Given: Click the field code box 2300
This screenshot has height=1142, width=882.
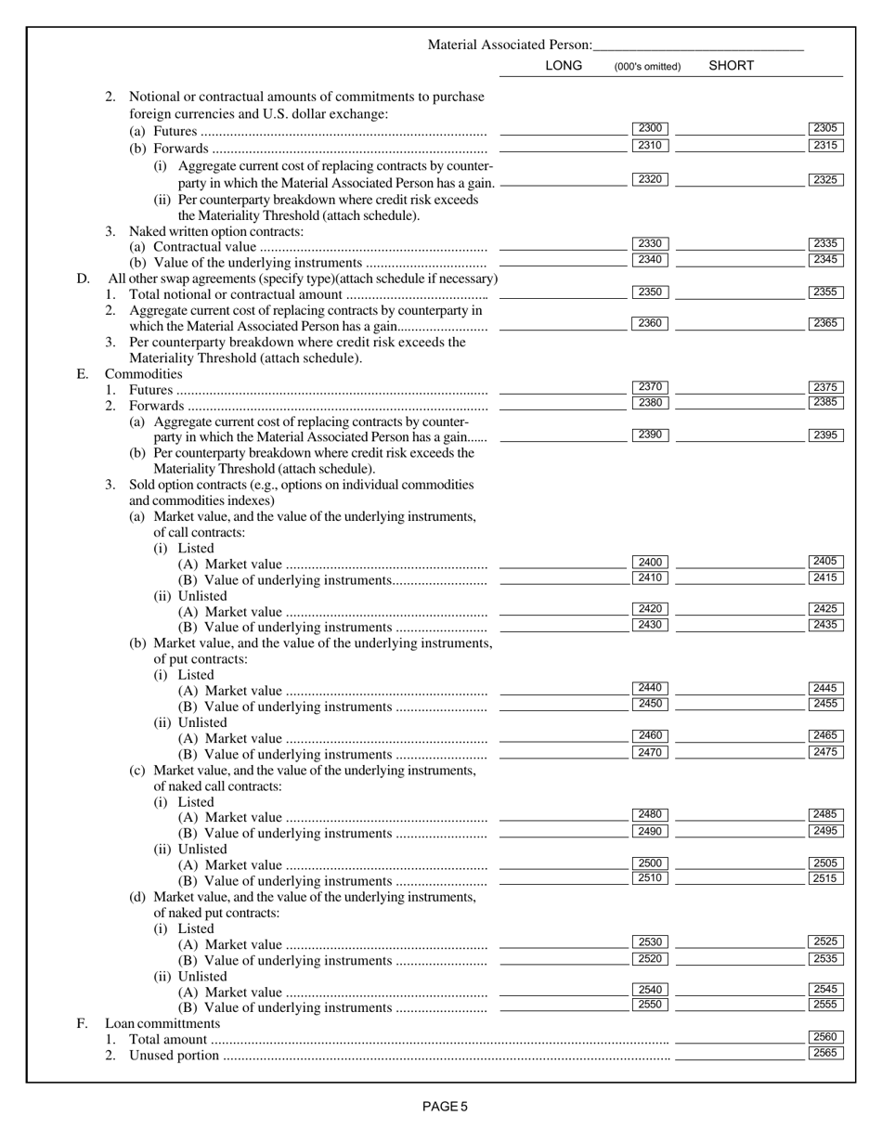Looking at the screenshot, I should pyautogui.click(x=650, y=129).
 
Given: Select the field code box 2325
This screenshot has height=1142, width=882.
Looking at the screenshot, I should pyautogui.click(x=825, y=180).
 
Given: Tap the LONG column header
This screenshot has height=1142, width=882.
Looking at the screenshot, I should pyautogui.click(x=564, y=66).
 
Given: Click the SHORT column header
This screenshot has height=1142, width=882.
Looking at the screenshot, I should pyautogui.click(x=731, y=66).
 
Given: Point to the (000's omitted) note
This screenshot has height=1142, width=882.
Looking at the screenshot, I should pyautogui.click(x=647, y=67).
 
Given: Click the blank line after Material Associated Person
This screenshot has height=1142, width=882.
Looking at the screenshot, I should pyautogui.click(x=698, y=45).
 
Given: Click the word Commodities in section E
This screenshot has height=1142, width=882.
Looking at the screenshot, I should pyautogui.click(x=143, y=374).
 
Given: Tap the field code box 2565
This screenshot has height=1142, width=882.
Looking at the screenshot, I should pyautogui.click(x=825, y=1053).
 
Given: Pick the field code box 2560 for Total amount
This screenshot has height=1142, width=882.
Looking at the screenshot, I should pyautogui.click(x=825, y=1037).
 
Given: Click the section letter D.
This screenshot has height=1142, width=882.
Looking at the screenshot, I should pyautogui.click(x=83, y=279).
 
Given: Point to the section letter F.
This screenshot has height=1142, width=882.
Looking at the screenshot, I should pyautogui.click(x=82, y=1023).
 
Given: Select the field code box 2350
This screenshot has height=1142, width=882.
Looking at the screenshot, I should pyautogui.click(x=650, y=292).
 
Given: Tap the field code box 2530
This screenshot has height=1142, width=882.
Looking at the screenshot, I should pyautogui.click(x=650, y=942).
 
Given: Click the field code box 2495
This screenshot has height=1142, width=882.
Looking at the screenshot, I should pyautogui.click(x=825, y=831).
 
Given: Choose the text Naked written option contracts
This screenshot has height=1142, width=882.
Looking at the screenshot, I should pyautogui.click(x=215, y=231).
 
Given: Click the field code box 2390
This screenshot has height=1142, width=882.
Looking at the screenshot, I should pyautogui.click(x=650, y=435).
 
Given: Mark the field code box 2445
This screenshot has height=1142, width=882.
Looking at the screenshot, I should pyautogui.click(x=825, y=688).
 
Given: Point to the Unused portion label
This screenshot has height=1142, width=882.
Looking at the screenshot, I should pyautogui.click(x=174, y=1056).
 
